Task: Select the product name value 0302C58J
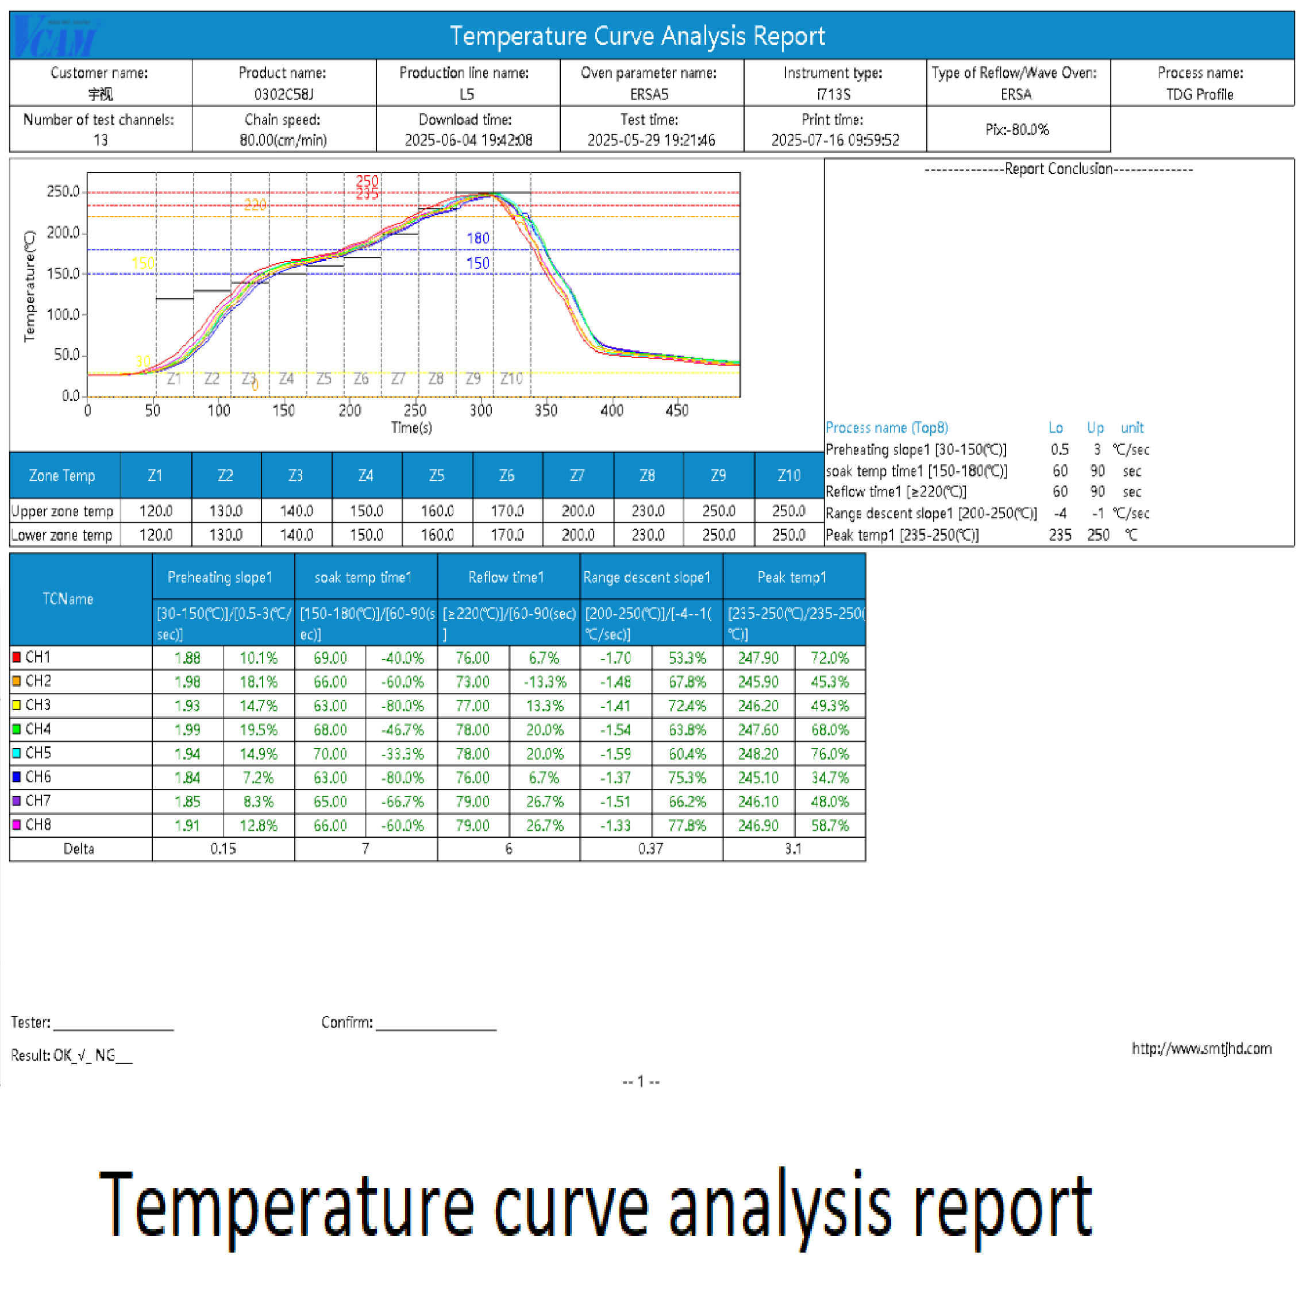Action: click(x=284, y=94)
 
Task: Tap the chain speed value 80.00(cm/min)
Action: click(x=283, y=140)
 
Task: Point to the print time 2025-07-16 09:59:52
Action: click(x=835, y=140)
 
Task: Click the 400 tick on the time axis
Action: click(x=612, y=410)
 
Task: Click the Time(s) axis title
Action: click(x=411, y=427)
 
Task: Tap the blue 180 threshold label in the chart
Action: click(x=478, y=238)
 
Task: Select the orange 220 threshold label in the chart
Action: click(x=255, y=205)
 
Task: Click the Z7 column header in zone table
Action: click(x=577, y=476)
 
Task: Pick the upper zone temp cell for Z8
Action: click(x=648, y=511)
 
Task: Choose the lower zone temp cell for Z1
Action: click(x=156, y=535)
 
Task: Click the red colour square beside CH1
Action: click(x=17, y=657)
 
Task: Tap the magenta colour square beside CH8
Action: click(x=17, y=825)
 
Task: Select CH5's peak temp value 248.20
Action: click(x=758, y=753)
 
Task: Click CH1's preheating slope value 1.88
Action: click(x=187, y=658)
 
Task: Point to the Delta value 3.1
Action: click(x=793, y=849)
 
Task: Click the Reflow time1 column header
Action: click(x=506, y=577)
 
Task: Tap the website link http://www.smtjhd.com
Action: click(x=1201, y=1049)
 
